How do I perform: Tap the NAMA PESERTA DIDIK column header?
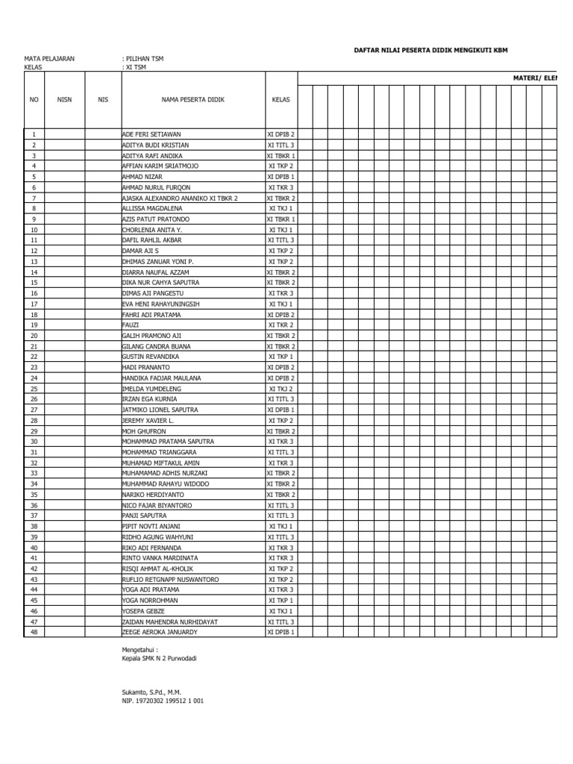(x=192, y=99)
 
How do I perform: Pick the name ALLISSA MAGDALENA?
(x=153, y=209)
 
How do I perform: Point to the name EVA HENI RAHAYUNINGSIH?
(x=160, y=304)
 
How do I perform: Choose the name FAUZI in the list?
(x=131, y=325)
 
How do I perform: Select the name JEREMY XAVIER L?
(x=148, y=421)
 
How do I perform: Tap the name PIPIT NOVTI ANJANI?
(x=151, y=527)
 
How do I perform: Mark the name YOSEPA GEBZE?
(x=144, y=611)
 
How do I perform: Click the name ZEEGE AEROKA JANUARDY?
(x=160, y=632)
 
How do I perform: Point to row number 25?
(x=34, y=389)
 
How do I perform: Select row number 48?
(x=34, y=632)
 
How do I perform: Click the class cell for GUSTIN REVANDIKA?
(x=281, y=357)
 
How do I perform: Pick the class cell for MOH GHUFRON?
(x=281, y=431)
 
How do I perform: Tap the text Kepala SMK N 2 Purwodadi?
(x=160, y=659)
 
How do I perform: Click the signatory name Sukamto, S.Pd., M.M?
(x=151, y=692)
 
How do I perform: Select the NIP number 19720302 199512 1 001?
(x=163, y=701)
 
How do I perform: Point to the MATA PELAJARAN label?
(x=49, y=58)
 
